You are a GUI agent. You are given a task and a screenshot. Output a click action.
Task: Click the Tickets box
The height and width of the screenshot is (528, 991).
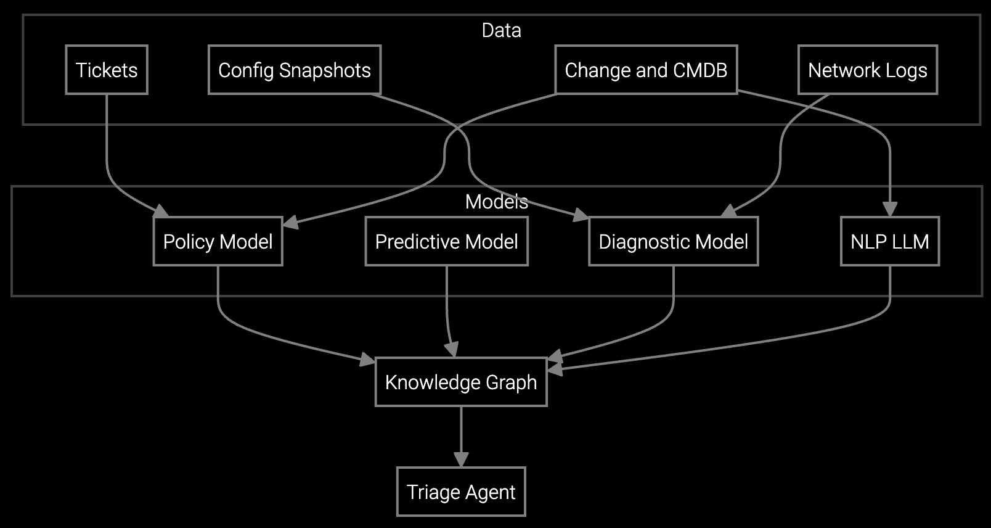(107, 70)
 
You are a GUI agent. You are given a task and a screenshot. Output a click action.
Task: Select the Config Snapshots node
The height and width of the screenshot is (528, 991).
(295, 70)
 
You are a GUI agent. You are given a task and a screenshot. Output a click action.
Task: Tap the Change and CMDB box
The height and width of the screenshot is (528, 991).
(646, 70)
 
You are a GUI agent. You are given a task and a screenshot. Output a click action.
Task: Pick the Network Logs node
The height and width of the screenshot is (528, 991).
(867, 70)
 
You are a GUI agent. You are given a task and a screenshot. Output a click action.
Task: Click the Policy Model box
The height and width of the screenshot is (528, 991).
(218, 241)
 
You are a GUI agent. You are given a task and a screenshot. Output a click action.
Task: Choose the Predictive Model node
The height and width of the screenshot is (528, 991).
(446, 241)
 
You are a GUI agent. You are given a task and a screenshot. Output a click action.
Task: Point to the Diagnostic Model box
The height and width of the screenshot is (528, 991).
(673, 241)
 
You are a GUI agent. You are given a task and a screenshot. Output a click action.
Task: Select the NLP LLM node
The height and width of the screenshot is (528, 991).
(889, 241)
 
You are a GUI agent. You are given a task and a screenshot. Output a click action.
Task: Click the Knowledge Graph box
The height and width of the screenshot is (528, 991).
(461, 382)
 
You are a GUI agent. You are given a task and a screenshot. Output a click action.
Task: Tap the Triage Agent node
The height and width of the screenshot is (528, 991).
(461, 492)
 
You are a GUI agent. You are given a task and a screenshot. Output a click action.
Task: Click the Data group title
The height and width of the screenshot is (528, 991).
(501, 30)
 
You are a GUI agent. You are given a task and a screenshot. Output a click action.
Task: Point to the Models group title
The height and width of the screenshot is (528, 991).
(496, 202)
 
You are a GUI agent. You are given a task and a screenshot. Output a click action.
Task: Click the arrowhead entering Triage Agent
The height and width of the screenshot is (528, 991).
(461, 460)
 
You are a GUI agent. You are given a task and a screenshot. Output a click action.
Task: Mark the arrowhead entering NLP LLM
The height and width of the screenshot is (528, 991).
(890, 209)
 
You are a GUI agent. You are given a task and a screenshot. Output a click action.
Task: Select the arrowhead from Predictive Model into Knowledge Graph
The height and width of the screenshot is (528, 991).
(453, 350)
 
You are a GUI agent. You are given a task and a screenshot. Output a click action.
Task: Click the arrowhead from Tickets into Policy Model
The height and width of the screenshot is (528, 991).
(161, 211)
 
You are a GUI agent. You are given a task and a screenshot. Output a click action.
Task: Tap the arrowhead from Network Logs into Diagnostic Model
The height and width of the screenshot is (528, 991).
(729, 212)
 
